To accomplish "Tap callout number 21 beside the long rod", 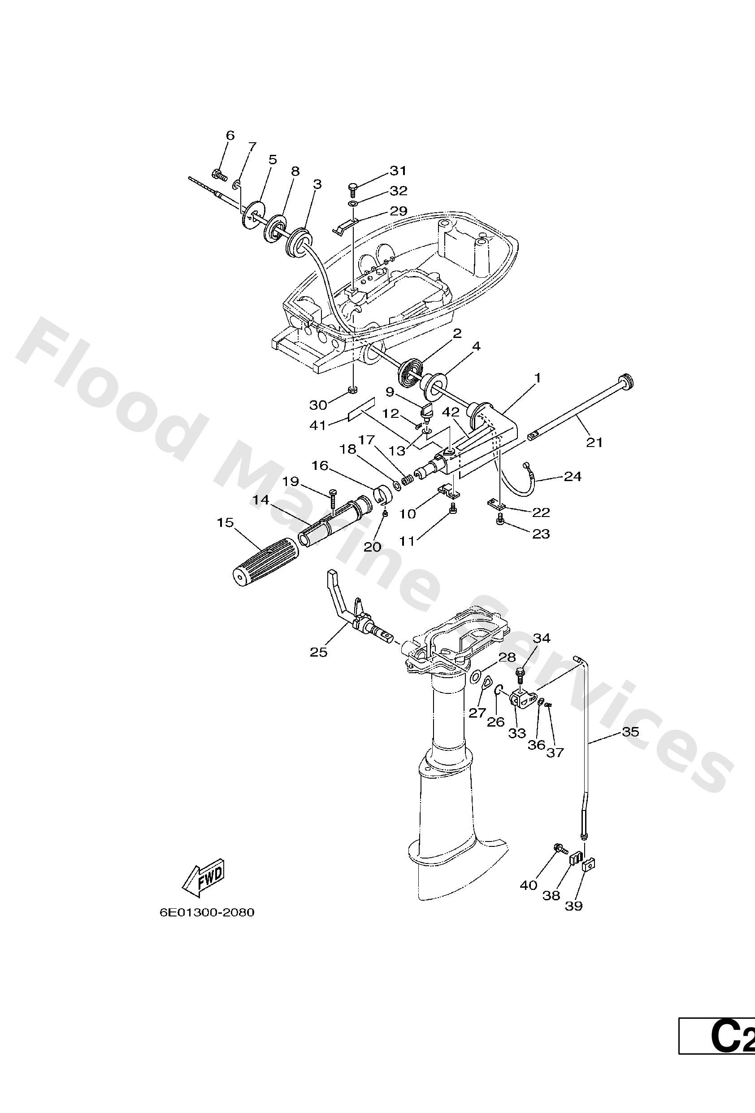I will [x=594, y=443].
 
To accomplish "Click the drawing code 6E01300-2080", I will [x=207, y=912].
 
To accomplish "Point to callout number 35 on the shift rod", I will [x=631, y=732].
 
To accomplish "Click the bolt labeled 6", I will [x=219, y=175].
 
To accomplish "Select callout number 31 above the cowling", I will [x=398, y=171].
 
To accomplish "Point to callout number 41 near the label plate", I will [x=318, y=425].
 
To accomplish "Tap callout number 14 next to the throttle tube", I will [x=261, y=500].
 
